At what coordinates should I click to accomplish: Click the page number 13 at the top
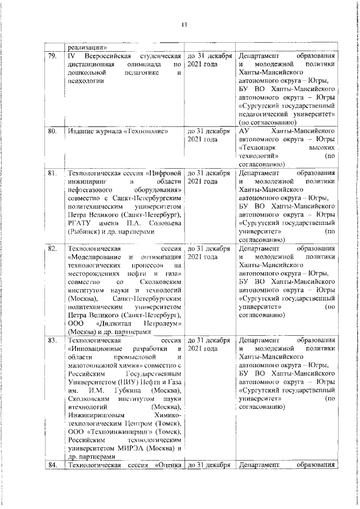[x=183, y=25]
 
